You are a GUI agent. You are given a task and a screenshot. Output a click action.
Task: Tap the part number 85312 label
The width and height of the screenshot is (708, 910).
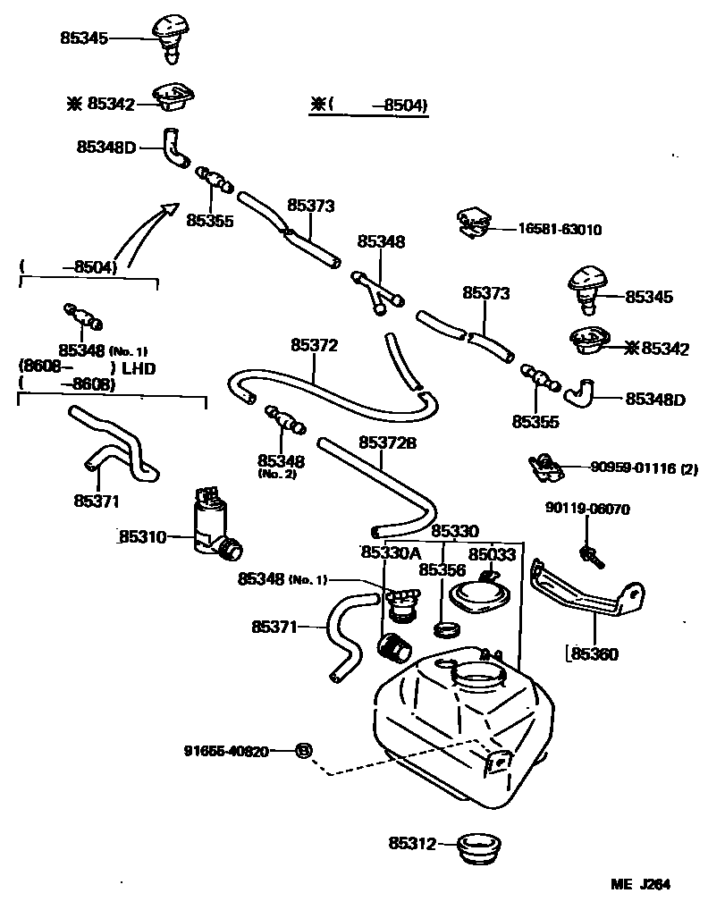(x=411, y=843)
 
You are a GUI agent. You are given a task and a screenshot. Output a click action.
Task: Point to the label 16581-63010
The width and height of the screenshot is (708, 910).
(x=560, y=230)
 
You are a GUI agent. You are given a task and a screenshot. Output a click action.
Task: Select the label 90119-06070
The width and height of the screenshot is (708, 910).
(x=587, y=510)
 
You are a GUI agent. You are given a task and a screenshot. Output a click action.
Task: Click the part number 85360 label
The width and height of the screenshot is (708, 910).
(x=594, y=654)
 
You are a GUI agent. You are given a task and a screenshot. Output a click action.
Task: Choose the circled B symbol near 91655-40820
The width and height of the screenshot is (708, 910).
(x=303, y=751)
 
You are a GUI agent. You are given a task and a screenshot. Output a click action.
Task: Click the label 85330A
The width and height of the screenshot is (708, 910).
(x=390, y=553)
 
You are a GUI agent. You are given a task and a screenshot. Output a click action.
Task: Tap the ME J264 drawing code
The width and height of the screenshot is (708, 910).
(x=640, y=885)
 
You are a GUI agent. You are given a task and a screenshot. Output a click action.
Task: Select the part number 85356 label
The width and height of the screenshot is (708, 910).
(x=442, y=569)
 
